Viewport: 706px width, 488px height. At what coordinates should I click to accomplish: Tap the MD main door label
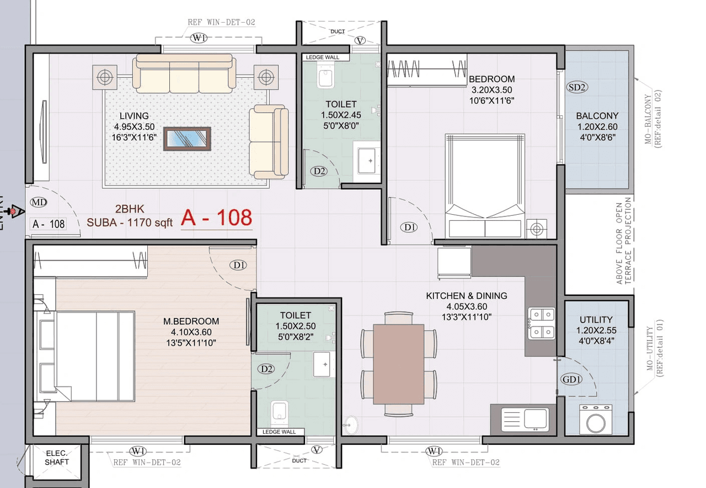tap(39, 203)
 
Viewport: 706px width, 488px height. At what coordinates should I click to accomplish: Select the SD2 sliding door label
tap(577, 87)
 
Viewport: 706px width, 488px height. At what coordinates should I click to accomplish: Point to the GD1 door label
tap(572, 379)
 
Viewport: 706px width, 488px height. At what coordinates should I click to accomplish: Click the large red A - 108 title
tap(217, 218)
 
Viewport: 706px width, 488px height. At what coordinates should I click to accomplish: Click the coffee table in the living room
tap(187, 139)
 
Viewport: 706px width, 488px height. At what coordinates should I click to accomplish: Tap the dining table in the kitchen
tap(399, 363)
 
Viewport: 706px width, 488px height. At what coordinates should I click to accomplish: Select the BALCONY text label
tap(597, 116)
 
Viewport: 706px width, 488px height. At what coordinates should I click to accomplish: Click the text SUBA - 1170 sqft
tap(130, 222)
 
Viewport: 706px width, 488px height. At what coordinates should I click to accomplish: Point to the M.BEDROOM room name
tap(191, 321)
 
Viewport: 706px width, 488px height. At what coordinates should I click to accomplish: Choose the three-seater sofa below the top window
tap(184, 74)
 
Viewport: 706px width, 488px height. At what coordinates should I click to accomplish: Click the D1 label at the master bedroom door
tap(239, 266)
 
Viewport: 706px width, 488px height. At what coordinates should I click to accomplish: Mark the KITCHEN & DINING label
tap(466, 296)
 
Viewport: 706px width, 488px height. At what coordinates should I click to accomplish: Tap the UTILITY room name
tap(596, 320)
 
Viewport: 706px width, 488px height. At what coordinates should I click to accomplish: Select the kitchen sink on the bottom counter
tap(534, 418)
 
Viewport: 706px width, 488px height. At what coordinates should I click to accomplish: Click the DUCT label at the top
tap(338, 31)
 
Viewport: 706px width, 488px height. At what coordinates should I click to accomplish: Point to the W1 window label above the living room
tap(197, 38)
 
